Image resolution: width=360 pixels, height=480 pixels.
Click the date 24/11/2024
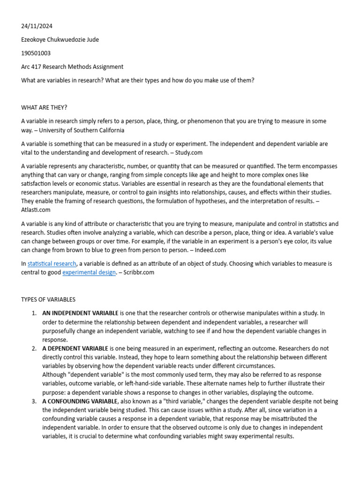[34, 26]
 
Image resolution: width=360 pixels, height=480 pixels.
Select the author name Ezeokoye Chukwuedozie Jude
[60, 40]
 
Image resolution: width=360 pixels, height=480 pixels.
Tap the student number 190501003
[36, 53]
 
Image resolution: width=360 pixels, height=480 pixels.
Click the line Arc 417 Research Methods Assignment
[72, 67]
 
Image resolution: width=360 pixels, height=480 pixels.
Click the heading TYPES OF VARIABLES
[48, 300]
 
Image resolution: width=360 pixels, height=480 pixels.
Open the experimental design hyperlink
[89, 272]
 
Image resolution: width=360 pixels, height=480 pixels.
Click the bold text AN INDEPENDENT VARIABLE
[80, 313]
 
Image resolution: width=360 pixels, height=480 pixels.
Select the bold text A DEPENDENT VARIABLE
[75, 349]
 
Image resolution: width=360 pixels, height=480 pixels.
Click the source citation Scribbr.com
[139, 272]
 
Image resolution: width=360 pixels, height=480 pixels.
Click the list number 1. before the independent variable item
[34, 313]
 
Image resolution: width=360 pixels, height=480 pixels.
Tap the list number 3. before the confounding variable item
[34, 402]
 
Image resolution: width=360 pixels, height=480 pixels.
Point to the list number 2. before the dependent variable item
[34, 349]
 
